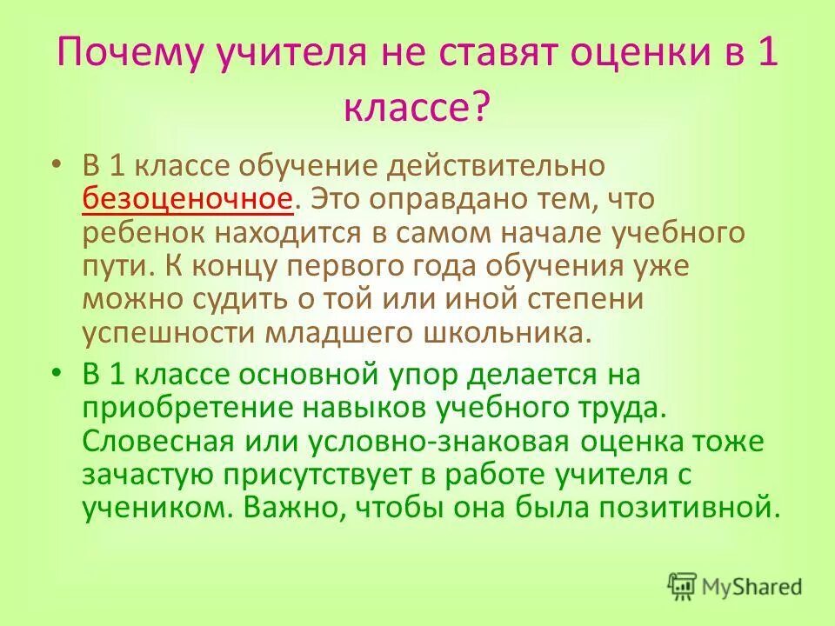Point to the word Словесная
[x=158, y=441]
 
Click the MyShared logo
[x=735, y=585]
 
